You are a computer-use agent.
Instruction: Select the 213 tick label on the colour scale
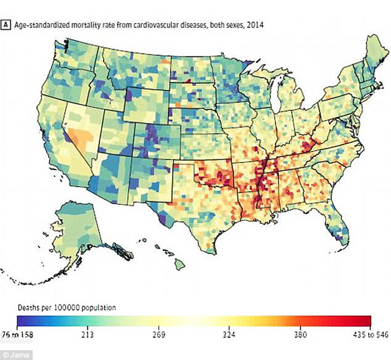(x=88, y=335)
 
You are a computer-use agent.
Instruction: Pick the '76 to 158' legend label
(x=31, y=335)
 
